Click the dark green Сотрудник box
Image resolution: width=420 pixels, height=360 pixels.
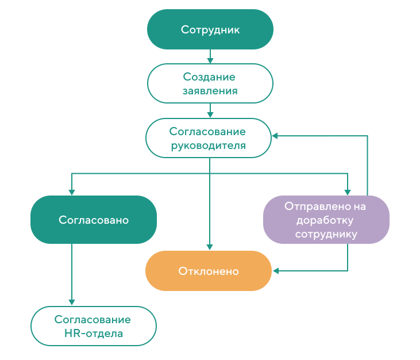(210, 29)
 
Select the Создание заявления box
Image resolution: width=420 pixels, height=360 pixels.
(210, 83)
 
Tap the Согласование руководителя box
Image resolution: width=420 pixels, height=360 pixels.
(209, 138)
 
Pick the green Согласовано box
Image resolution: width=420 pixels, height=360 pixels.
(94, 220)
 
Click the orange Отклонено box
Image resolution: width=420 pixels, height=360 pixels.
(209, 271)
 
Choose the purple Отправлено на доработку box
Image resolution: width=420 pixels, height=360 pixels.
(326, 220)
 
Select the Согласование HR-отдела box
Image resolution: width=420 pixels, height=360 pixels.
(94, 326)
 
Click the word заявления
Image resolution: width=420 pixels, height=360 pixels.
(210, 91)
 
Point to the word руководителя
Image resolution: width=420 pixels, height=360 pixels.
(209, 146)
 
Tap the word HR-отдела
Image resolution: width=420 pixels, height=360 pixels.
(94, 334)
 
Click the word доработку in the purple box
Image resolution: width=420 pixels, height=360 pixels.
(325, 221)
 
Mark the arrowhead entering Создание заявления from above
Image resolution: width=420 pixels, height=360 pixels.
(210, 60)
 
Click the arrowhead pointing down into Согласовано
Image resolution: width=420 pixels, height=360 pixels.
(71, 193)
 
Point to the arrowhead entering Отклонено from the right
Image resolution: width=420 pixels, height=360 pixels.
(276, 271)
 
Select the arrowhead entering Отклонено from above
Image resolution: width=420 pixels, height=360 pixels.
(210, 247)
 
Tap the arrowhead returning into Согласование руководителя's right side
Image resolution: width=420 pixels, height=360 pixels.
(275, 136)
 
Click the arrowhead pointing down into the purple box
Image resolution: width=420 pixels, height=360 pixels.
(348, 193)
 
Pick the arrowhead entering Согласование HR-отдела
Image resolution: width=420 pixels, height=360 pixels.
(71, 302)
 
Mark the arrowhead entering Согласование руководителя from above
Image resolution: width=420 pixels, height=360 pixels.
(210, 114)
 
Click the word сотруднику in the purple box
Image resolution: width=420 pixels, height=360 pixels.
(326, 234)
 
